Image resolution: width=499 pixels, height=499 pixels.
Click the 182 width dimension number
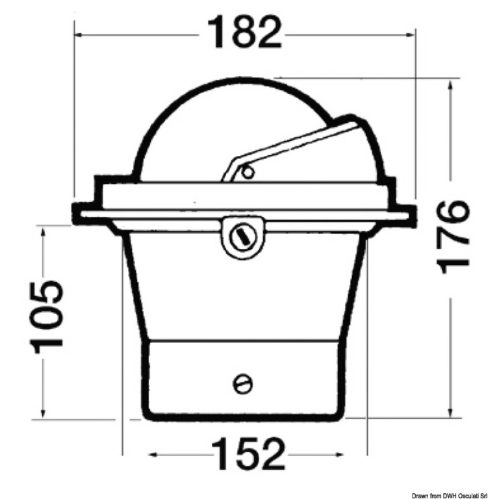click(x=244, y=32)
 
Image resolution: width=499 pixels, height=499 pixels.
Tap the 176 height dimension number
click(x=454, y=237)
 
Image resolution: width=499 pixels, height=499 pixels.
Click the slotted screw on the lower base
click(x=243, y=384)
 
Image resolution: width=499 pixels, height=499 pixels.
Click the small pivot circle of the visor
click(x=248, y=173)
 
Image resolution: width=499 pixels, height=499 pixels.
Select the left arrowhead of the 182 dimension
click(x=79, y=34)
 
